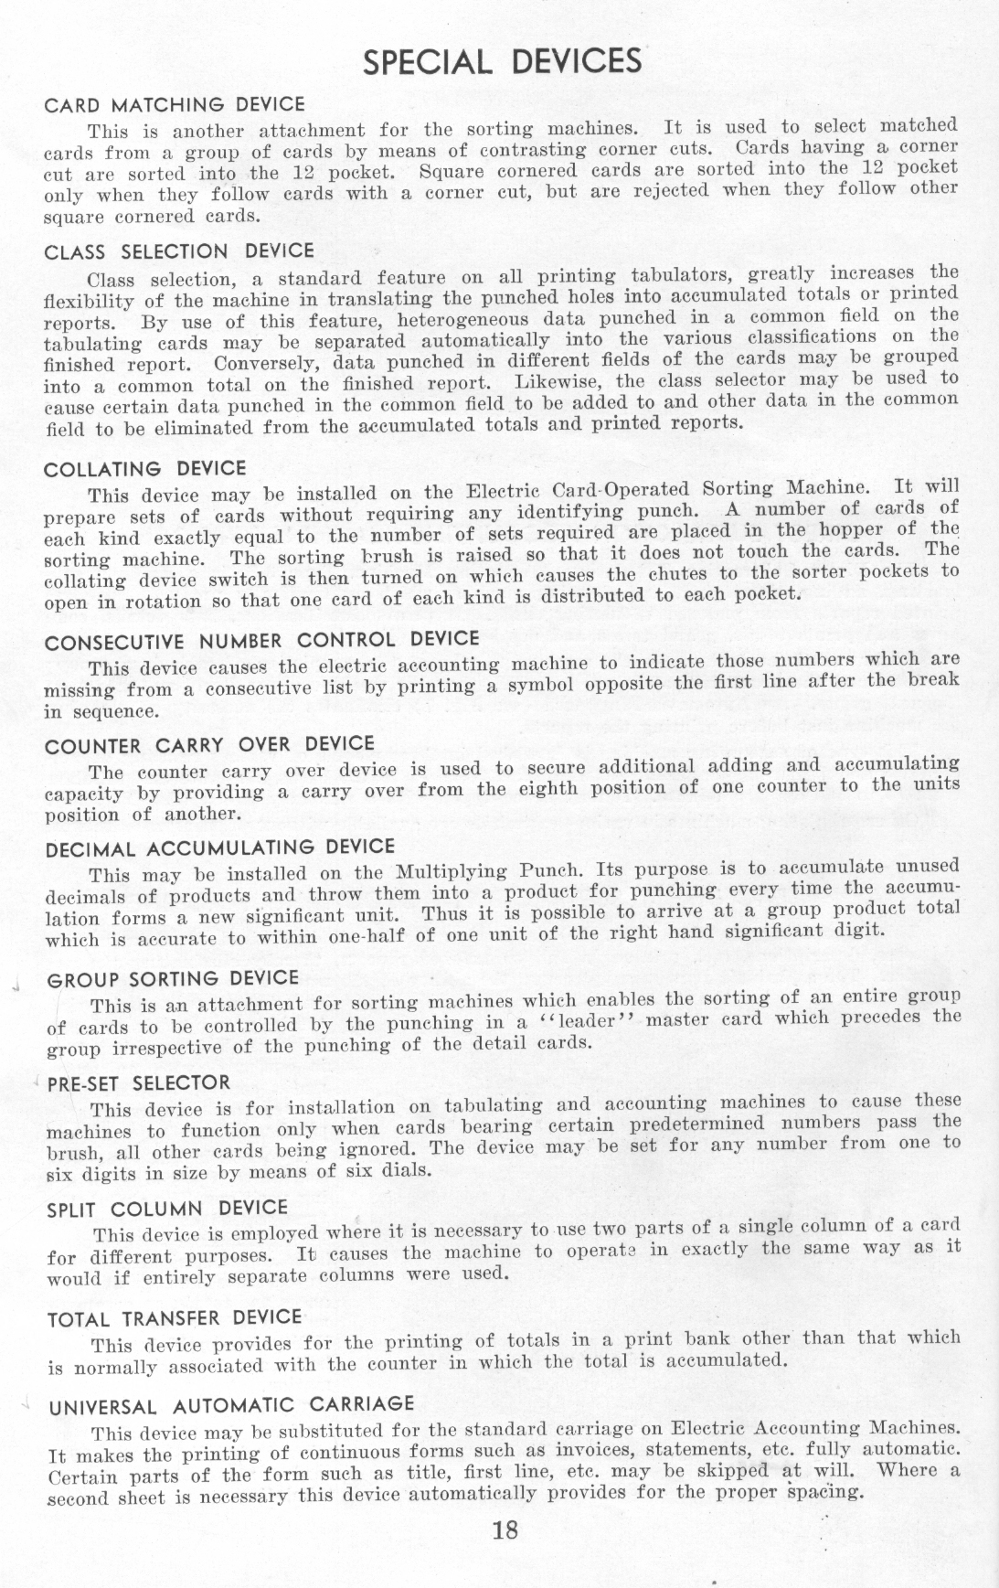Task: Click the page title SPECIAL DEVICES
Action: pyautogui.click(x=502, y=62)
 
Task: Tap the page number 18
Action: pyautogui.click(x=505, y=1529)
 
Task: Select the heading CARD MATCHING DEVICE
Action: pyautogui.click(x=175, y=105)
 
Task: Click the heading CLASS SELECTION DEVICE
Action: pyautogui.click(x=179, y=251)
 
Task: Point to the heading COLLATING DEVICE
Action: pyautogui.click(x=145, y=469)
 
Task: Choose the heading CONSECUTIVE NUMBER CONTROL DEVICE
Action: pyautogui.click(x=261, y=640)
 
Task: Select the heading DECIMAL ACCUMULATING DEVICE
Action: pyautogui.click(x=220, y=847)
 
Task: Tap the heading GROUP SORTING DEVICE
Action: pyautogui.click(x=173, y=979)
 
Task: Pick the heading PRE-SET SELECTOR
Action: pyautogui.click(x=139, y=1084)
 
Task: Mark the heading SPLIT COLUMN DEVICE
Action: pyautogui.click(x=167, y=1209)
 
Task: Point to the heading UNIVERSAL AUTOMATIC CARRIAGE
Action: pyautogui.click(x=231, y=1404)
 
